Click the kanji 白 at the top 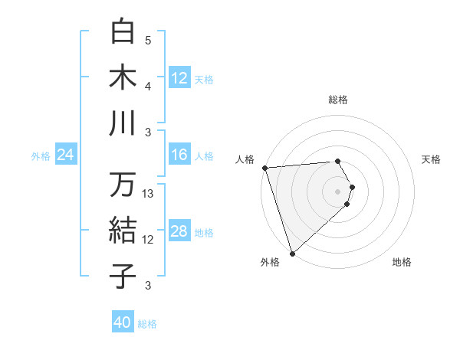click(123, 32)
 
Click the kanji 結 click(123, 231)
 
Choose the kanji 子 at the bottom click(123, 276)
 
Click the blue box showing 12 click(179, 77)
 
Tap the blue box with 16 click(179, 155)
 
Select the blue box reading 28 click(179, 231)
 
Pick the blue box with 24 click(66, 155)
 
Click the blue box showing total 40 click(123, 322)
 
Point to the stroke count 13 click(149, 194)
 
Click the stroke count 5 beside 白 click(148, 41)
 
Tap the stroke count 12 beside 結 click(149, 240)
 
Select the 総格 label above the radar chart click(338, 100)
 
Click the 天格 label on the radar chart click(432, 159)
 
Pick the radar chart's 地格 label click(402, 262)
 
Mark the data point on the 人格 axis click(264, 168)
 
